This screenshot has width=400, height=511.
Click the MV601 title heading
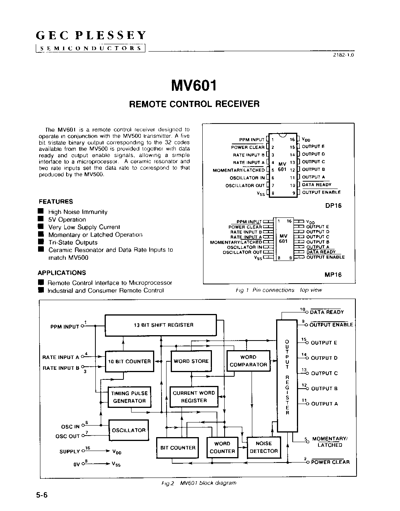194,85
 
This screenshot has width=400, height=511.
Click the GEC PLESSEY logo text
91,36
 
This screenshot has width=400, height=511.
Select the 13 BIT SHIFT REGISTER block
161,325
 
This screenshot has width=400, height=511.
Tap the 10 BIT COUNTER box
129,361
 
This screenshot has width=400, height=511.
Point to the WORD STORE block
191,361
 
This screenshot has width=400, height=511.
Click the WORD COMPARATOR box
248,361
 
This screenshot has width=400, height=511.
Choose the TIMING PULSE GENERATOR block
129,397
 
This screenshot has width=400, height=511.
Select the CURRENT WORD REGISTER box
194,397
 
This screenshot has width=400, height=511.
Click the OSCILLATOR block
128,430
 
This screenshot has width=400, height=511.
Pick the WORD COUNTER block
222,448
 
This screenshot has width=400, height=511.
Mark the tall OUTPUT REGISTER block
287,376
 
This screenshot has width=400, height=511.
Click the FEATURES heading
56,202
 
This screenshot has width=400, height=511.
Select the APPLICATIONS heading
62,273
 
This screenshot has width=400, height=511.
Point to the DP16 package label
333,205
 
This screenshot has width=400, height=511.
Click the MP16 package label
333,275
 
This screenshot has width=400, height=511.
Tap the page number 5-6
42,496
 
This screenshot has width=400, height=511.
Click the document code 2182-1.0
343,55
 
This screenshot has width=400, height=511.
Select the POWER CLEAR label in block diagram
330,462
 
